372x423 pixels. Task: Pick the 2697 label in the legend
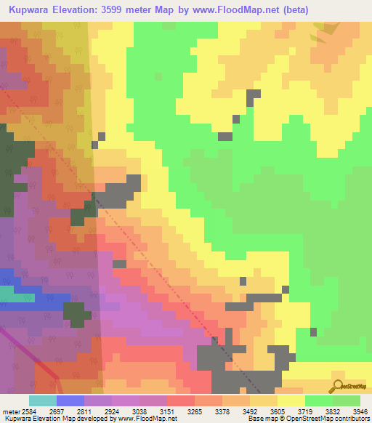(x=70, y=411)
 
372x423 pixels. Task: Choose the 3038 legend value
(x=154, y=411)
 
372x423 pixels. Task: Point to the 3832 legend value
(x=319, y=411)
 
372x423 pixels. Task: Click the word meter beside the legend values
(x=11, y=411)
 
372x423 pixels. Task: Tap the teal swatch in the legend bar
(x=42, y=400)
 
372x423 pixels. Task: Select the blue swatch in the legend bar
(x=70, y=400)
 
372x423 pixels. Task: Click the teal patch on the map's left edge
(x=6, y=294)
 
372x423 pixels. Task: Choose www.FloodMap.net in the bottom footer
(x=147, y=419)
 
